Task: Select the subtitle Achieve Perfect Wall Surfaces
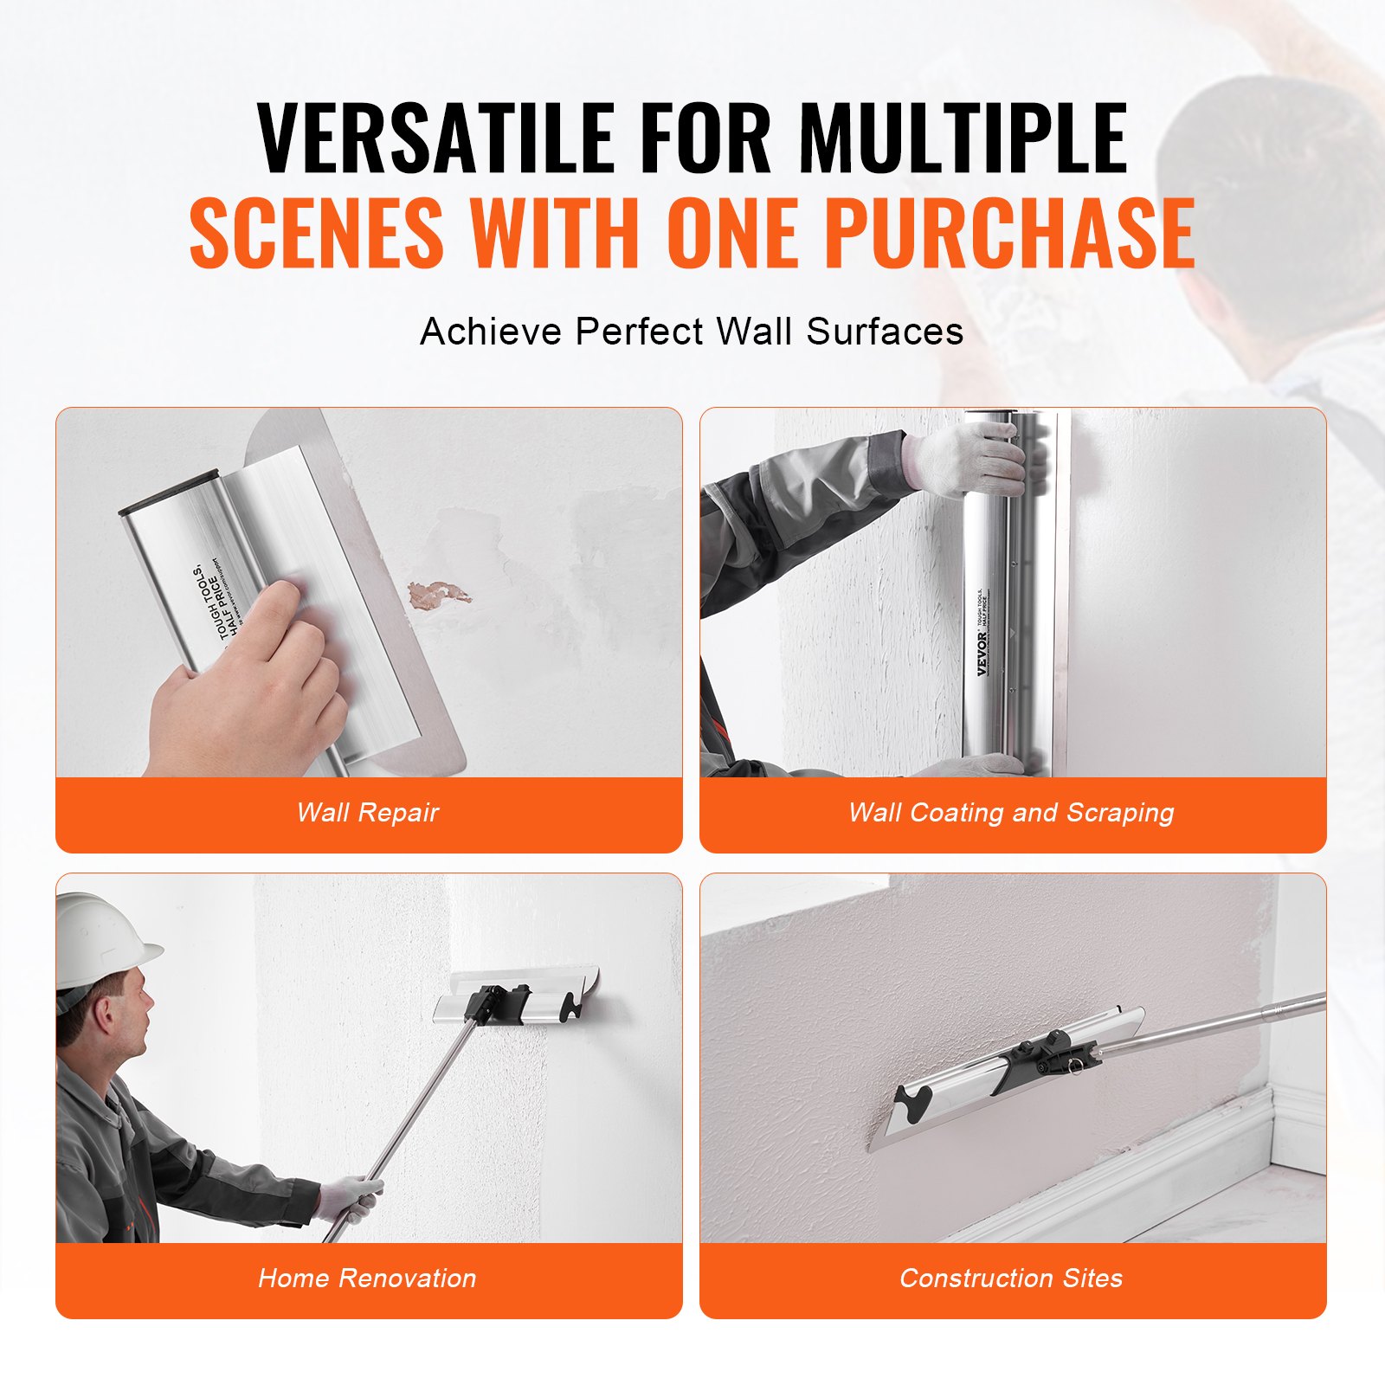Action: pyautogui.click(x=692, y=332)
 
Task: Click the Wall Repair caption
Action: pyautogui.click(x=368, y=813)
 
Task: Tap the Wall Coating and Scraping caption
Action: pyautogui.click(x=1011, y=813)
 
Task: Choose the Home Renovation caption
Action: pyautogui.click(x=367, y=1279)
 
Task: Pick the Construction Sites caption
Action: pyautogui.click(x=1011, y=1279)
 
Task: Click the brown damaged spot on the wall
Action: pyautogui.click(x=437, y=595)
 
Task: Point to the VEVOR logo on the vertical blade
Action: pyautogui.click(x=982, y=653)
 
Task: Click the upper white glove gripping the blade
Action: pyautogui.click(x=965, y=459)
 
